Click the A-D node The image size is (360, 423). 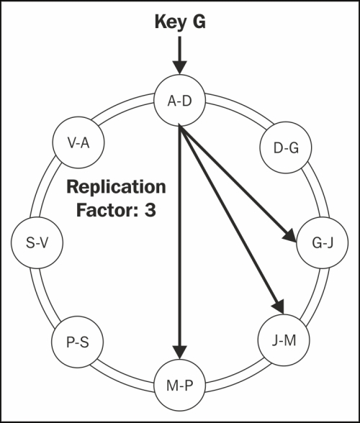[179, 101]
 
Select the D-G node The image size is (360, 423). [286, 147]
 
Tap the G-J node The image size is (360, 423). [322, 243]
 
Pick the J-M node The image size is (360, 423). [284, 340]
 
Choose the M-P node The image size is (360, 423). [179, 386]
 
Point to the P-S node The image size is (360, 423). [78, 342]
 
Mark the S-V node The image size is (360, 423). [37, 243]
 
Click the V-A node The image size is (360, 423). [78, 142]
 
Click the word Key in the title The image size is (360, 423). [171, 22]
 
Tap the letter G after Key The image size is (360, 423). [199, 22]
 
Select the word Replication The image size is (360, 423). [116, 187]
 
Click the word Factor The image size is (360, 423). [107, 210]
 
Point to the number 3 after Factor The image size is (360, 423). [150, 210]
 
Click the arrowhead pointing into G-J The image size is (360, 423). [290, 235]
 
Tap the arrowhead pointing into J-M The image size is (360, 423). [279, 306]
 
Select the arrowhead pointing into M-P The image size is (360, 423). [179, 352]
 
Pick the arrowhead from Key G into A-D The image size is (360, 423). [179, 68]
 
